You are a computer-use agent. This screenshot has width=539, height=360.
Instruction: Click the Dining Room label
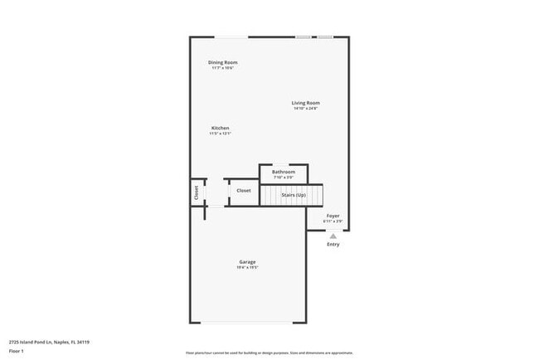(223, 62)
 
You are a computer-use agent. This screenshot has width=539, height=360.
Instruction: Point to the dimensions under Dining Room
(223, 68)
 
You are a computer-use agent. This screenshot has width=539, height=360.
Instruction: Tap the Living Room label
(306, 103)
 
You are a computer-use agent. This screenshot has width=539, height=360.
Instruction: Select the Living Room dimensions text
(306, 109)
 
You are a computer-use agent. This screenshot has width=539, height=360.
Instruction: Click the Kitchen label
(220, 128)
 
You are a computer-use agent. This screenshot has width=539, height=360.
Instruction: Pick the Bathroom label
(284, 172)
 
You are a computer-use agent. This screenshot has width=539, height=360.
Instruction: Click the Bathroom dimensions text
(284, 178)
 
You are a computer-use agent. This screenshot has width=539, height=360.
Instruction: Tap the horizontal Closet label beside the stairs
(244, 191)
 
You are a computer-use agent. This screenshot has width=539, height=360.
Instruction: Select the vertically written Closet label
(197, 192)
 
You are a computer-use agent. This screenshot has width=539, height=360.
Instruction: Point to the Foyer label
(333, 216)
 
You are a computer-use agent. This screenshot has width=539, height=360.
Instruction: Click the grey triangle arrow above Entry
(333, 236)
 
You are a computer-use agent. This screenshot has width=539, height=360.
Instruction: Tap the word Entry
(333, 245)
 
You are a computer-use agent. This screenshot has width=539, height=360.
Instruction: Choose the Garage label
(248, 262)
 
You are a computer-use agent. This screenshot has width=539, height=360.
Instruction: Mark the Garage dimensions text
(248, 268)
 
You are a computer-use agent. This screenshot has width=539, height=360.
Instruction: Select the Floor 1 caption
(17, 352)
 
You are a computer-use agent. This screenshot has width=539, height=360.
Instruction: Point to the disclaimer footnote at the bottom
(269, 353)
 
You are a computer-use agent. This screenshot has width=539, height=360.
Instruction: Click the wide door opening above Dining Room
(231, 36)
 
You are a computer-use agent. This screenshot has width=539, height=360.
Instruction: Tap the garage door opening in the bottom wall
(248, 324)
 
